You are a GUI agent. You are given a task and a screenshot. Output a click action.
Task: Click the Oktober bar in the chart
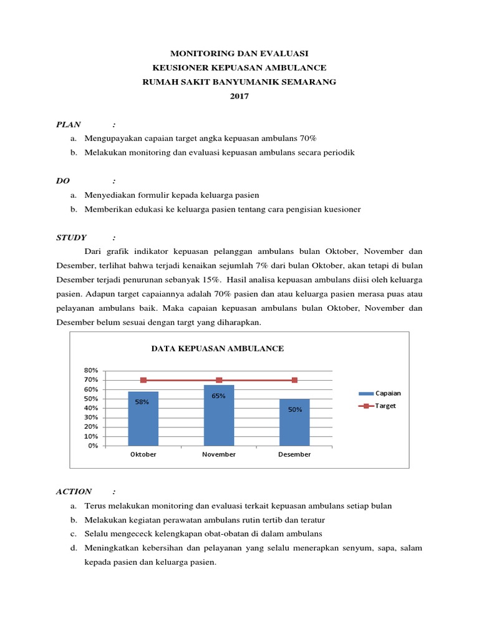143,418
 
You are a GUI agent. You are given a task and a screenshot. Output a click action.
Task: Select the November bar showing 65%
218,415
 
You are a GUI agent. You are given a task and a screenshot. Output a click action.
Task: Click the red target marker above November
219,380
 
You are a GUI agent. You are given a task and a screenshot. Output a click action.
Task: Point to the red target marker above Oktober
143,380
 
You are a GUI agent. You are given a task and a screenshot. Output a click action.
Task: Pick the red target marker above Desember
294,380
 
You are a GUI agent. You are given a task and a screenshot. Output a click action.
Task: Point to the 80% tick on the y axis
90,371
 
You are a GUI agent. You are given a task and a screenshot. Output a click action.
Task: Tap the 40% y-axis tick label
90,408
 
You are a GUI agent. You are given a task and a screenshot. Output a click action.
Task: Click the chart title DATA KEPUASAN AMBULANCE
218,348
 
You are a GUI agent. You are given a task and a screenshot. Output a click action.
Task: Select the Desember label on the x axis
294,454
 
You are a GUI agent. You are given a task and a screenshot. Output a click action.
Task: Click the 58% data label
142,402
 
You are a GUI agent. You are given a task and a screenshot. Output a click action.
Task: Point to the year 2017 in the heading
239,95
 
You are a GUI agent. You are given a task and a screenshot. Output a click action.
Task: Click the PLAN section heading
69,124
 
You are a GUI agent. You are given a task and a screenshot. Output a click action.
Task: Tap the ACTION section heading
74,491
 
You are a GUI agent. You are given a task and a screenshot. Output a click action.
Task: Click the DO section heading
63,181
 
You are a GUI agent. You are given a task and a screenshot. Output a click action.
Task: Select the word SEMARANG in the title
309,82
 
